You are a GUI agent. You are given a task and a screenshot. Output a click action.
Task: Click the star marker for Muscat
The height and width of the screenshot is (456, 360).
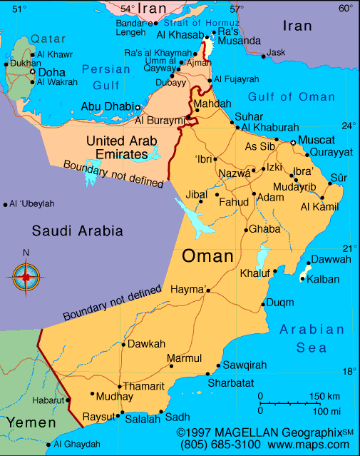click(x=292, y=143)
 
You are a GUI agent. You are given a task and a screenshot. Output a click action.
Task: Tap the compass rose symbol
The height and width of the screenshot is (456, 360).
click(x=26, y=275)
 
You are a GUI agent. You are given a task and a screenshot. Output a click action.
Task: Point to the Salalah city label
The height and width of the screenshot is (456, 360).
click(x=143, y=420)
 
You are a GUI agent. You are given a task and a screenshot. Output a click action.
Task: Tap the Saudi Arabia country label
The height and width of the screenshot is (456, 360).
click(x=77, y=230)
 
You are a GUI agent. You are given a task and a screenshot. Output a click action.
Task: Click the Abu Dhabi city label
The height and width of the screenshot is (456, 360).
click(x=107, y=106)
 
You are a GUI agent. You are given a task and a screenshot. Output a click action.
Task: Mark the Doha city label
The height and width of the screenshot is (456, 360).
click(x=51, y=72)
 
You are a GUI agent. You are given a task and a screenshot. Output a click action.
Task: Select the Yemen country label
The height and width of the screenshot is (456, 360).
click(x=31, y=423)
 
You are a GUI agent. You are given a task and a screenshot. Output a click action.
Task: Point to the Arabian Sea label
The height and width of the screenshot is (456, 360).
click(x=312, y=338)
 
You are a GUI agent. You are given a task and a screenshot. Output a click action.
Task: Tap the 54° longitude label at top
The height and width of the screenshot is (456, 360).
click(x=128, y=9)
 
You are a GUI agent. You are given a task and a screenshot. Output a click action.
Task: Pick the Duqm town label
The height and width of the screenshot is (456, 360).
click(x=280, y=303)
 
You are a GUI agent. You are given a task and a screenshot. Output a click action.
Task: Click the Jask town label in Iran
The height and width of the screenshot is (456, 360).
click(x=276, y=52)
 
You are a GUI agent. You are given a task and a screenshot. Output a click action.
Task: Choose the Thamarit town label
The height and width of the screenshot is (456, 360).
click(x=144, y=386)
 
